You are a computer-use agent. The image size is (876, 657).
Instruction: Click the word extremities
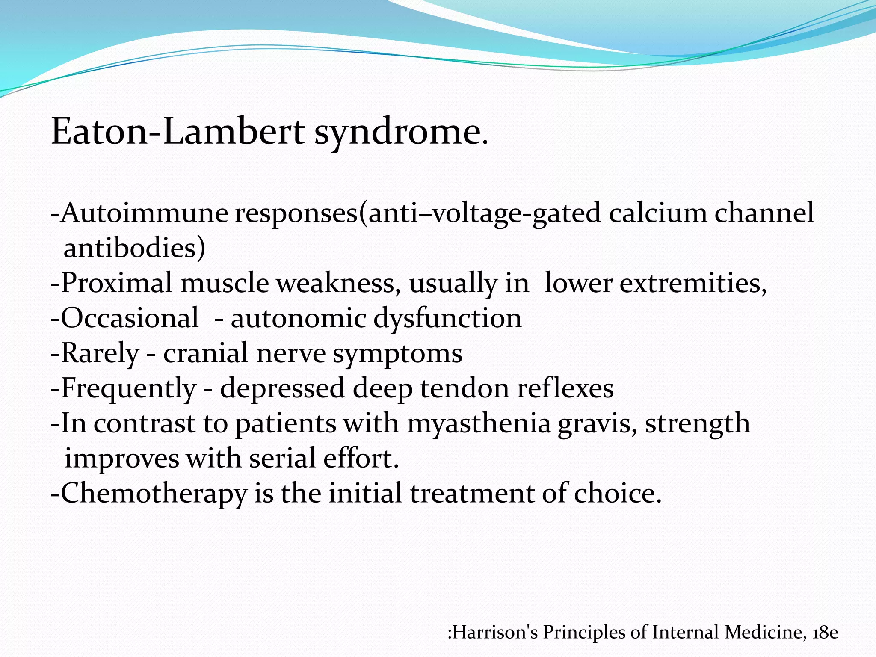(x=693, y=283)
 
